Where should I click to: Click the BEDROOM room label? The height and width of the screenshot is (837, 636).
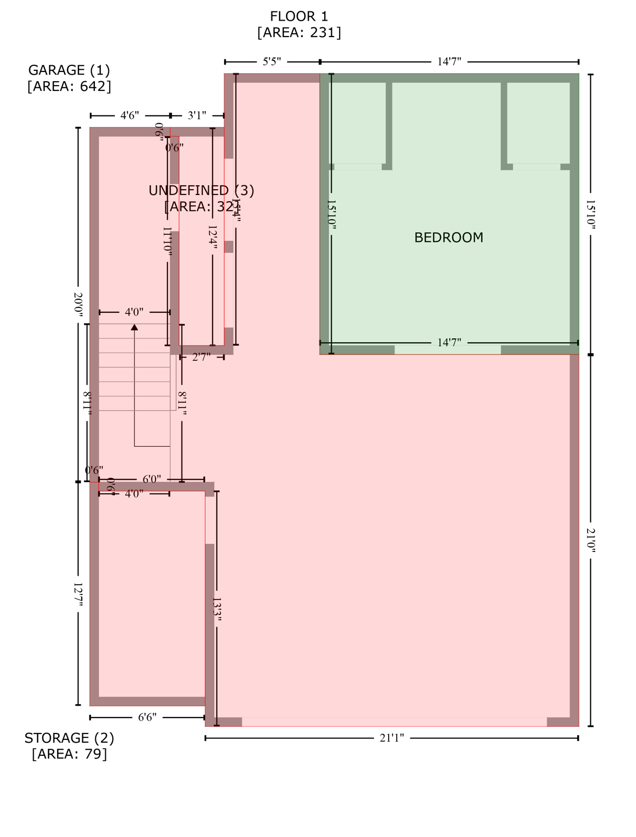tap(449, 238)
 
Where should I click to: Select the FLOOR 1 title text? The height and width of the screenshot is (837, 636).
tap(299, 16)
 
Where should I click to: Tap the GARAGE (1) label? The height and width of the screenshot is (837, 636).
tap(69, 70)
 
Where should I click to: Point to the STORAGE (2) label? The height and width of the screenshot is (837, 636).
tap(69, 738)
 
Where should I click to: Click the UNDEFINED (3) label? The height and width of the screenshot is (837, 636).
tap(201, 190)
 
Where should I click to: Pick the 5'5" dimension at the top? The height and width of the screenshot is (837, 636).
tap(272, 62)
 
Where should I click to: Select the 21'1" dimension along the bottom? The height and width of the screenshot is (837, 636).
tap(392, 738)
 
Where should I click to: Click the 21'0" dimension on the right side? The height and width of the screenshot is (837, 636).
tap(591, 540)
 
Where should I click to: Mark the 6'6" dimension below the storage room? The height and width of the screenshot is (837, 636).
tap(147, 717)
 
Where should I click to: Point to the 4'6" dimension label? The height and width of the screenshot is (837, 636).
tap(130, 116)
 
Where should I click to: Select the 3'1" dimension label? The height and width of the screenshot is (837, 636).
tap(197, 116)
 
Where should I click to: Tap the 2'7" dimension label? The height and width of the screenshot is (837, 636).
tap(202, 357)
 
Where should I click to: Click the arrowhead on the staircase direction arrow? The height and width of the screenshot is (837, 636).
tap(134, 327)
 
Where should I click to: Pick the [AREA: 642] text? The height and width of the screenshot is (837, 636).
tap(69, 86)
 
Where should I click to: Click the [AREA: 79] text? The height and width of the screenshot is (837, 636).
tap(69, 754)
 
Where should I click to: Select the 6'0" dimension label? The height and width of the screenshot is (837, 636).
tap(152, 480)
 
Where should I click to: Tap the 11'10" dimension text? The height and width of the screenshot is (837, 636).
tap(167, 240)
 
